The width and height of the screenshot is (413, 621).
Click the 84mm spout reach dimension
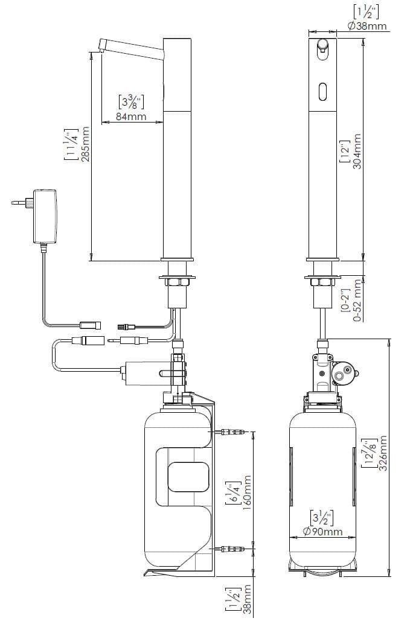pyautogui.click(x=131, y=116)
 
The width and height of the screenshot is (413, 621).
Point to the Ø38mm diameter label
pyautogui.click(x=368, y=26)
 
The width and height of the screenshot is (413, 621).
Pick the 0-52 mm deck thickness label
pyautogui.click(x=358, y=300)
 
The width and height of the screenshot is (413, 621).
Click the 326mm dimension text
pyautogui.click(x=382, y=453)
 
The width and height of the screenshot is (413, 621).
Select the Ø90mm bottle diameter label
pyautogui.click(x=322, y=531)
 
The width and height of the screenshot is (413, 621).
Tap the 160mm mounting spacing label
pyautogui.click(x=247, y=492)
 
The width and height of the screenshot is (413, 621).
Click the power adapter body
pyautogui.click(x=45, y=216)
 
